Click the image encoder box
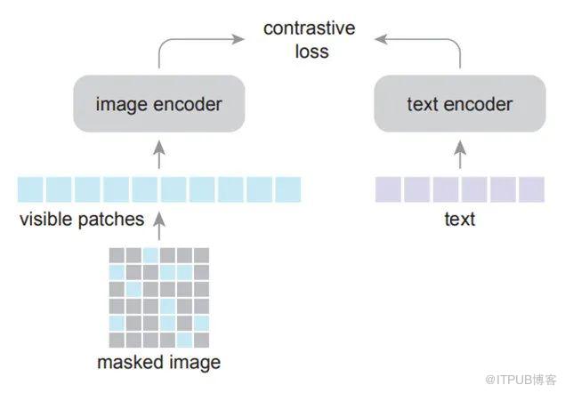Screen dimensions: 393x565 click(158, 104)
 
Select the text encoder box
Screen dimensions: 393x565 click(459, 104)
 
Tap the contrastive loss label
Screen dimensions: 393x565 click(310, 39)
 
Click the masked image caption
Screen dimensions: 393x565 click(159, 362)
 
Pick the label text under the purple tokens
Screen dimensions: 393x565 click(459, 219)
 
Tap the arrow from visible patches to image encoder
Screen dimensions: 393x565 click(159, 156)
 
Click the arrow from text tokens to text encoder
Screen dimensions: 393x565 click(459, 156)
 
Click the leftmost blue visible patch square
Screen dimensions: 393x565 click(30, 189)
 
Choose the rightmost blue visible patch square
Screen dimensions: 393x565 click(288, 189)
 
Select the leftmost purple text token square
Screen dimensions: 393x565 click(388, 189)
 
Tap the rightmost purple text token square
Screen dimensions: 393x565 click(531, 189)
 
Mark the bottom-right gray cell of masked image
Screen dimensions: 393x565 click(201, 341)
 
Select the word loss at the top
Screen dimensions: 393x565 click(311, 51)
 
